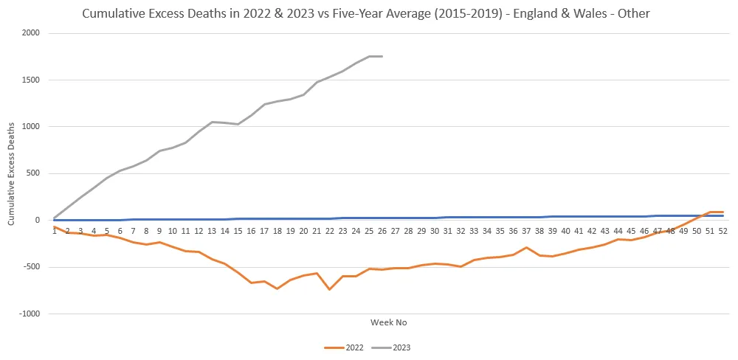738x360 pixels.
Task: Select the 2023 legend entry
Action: (391, 347)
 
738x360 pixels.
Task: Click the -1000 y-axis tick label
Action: (30, 314)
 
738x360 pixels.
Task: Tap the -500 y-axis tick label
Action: (31, 267)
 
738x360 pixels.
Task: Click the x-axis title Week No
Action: (388, 322)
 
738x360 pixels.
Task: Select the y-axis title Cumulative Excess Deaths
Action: (10, 173)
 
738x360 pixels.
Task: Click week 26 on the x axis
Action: (382, 231)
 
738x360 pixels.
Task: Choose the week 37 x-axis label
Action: (526, 231)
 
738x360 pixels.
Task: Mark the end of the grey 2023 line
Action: (382, 57)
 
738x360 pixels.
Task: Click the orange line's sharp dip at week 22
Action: (329, 289)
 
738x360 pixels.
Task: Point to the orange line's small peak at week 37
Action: (526, 247)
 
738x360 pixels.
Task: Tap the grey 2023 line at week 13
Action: (212, 122)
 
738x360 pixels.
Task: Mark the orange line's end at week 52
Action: (723, 212)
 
